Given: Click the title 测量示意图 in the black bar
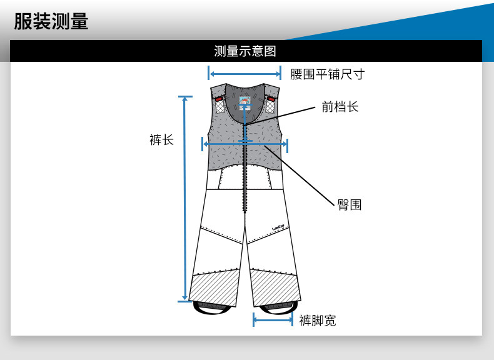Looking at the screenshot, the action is click(x=245, y=51).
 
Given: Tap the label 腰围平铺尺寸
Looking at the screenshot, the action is click(x=327, y=74).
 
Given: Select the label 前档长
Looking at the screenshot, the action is click(x=340, y=107).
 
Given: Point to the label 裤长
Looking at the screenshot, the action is click(x=161, y=139).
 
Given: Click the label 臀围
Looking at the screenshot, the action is click(x=350, y=204).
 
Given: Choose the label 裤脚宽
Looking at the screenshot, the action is click(x=317, y=321).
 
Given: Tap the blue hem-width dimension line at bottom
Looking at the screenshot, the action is click(x=273, y=319).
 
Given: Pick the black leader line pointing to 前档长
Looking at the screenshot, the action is click(x=281, y=117).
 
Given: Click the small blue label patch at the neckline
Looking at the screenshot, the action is click(x=245, y=102).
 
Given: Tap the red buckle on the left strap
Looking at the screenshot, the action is click(x=219, y=98).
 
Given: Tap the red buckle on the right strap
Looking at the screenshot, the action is click(x=271, y=98).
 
